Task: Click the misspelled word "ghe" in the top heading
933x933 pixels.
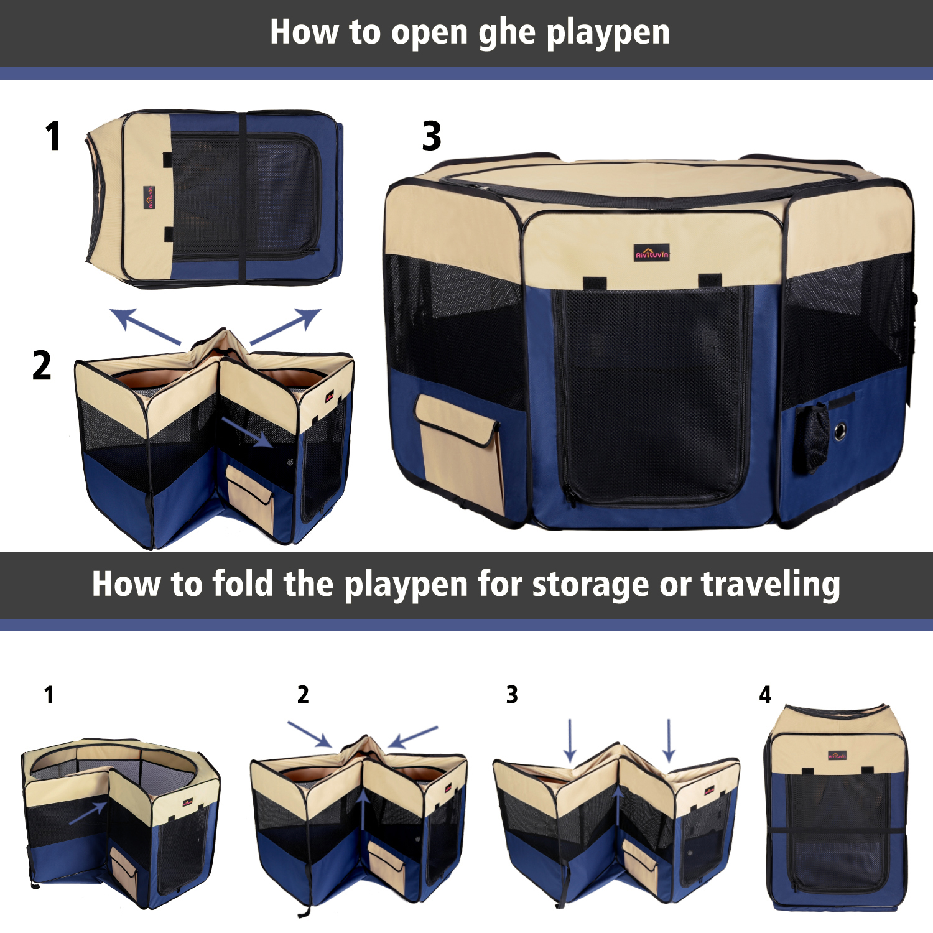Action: pyautogui.click(x=507, y=33)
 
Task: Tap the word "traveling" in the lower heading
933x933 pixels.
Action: pyautogui.click(x=771, y=585)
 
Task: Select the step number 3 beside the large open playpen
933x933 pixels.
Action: pyautogui.click(x=432, y=136)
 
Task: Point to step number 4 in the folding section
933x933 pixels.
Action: pyautogui.click(x=765, y=695)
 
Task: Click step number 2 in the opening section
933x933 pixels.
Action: pyautogui.click(x=42, y=365)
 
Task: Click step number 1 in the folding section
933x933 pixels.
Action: pyautogui.click(x=49, y=695)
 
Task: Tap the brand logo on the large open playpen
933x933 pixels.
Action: pyautogui.click(x=652, y=253)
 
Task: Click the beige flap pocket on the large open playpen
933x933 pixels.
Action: pyautogui.click(x=458, y=449)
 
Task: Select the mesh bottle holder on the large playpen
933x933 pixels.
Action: pyautogui.click(x=813, y=437)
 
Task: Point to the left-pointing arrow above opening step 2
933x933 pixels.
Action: pyautogui.click(x=145, y=326)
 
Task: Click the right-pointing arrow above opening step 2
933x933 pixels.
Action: pyautogui.click(x=285, y=326)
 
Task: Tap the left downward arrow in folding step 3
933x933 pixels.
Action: pyautogui.click(x=570, y=740)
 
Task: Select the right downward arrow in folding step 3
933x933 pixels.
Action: pyautogui.click(x=669, y=740)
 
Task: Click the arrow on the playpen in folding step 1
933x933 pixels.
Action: pyautogui.click(x=88, y=812)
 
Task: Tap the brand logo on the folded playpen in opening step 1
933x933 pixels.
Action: pyautogui.click(x=149, y=197)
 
